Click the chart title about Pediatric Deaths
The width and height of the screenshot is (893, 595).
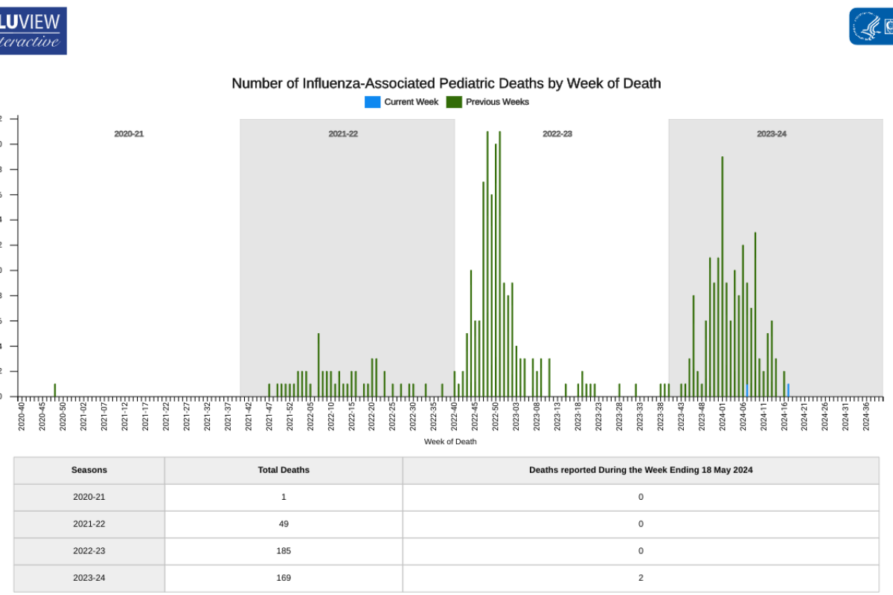(446, 83)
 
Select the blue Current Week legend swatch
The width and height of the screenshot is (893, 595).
(372, 102)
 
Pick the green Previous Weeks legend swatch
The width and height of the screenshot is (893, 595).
(454, 102)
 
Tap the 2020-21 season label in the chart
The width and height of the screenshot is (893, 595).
(129, 134)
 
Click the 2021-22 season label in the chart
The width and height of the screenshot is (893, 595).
(343, 134)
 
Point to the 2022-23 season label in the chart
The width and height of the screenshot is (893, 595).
(557, 134)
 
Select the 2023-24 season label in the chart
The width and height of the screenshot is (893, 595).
(772, 134)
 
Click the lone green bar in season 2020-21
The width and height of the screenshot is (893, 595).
(54, 390)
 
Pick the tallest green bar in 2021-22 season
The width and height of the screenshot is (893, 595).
(319, 364)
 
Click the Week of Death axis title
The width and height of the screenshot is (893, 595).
(450, 441)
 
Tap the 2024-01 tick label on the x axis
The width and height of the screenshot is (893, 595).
(722, 416)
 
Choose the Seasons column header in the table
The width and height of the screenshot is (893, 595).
(89, 470)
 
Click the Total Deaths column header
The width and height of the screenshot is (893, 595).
(284, 470)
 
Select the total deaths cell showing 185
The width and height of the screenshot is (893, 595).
(284, 551)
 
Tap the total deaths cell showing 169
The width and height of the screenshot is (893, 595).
(284, 578)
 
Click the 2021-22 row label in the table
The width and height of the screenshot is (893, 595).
(89, 524)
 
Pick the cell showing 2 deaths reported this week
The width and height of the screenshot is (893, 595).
(641, 578)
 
